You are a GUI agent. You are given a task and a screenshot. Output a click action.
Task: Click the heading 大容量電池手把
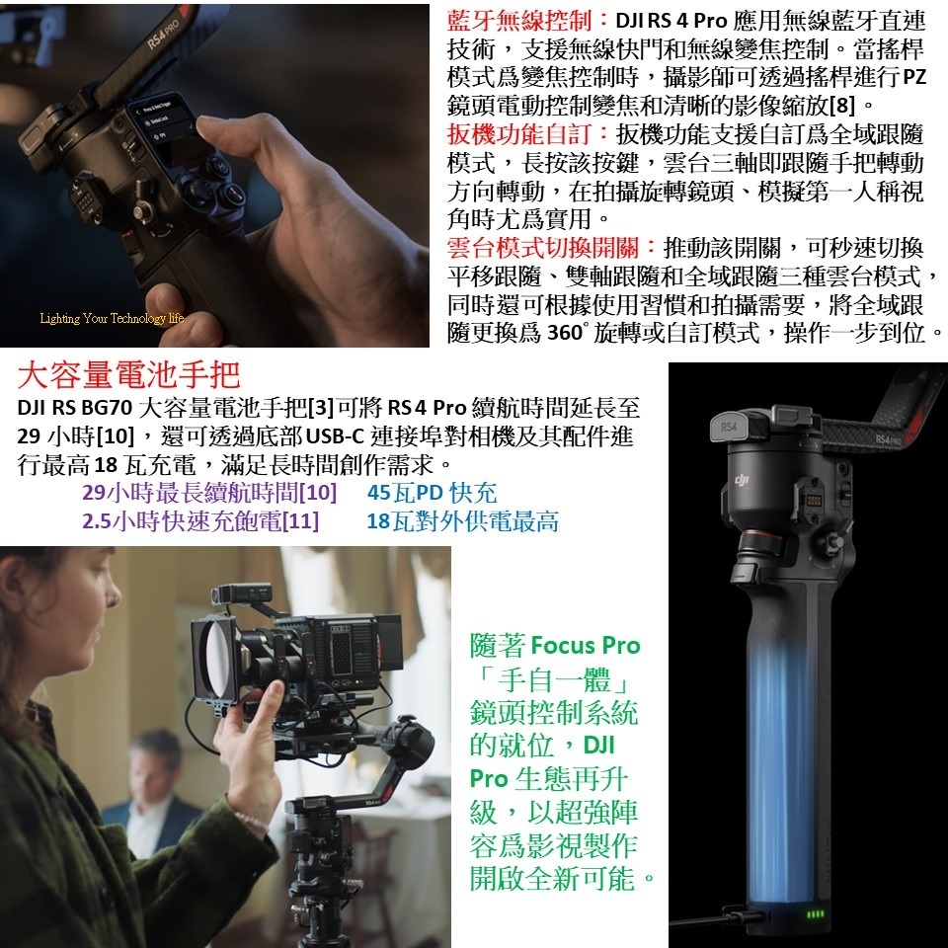pos(128,375)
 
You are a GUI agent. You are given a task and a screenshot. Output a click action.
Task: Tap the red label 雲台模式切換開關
pos(543,248)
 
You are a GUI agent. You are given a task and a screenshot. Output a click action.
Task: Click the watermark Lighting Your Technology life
pos(112,318)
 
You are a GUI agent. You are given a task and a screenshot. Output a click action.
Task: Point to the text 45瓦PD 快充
pos(432,493)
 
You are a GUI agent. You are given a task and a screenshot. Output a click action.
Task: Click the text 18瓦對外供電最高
pos(462,521)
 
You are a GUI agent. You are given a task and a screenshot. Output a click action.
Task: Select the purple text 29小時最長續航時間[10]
pos(209,493)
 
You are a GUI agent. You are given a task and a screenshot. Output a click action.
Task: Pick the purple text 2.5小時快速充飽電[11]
pos(200,521)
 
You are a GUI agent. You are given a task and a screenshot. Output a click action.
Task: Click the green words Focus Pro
pos(586,646)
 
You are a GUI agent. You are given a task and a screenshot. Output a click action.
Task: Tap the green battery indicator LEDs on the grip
pos(815,913)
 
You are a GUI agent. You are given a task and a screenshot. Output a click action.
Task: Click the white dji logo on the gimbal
pos(742,480)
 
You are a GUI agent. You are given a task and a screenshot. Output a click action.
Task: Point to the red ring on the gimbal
pos(761,540)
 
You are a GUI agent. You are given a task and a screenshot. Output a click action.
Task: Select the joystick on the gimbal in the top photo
pos(143,210)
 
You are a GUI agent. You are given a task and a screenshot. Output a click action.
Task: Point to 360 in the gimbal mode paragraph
pos(564,334)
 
